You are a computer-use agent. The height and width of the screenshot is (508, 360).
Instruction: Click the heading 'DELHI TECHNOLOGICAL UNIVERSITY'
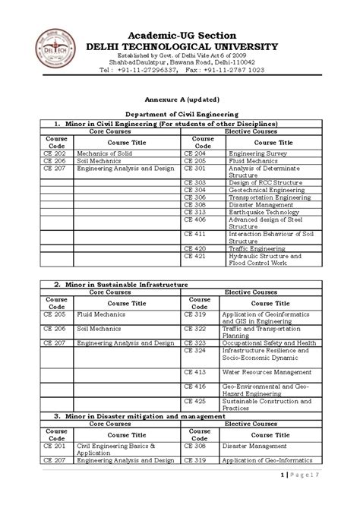[x=182, y=47]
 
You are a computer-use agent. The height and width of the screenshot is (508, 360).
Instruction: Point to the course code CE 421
[x=195, y=256]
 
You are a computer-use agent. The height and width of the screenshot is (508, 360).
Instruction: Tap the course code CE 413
[x=195, y=372]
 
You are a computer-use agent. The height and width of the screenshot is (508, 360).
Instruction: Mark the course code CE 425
[x=195, y=400]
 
